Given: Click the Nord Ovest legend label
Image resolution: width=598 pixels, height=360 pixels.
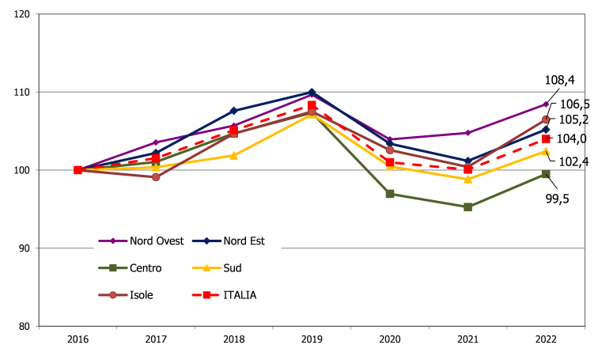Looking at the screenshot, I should [157, 241].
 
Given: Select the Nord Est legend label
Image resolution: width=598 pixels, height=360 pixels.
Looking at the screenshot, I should [244, 241].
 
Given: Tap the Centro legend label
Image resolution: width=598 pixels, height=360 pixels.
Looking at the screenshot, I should [146, 268].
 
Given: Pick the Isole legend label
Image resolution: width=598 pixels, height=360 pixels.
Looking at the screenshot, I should [142, 295].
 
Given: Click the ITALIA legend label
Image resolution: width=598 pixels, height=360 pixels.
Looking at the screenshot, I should [240, 295].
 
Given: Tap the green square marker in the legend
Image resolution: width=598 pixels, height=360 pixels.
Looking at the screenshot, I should [113, 268].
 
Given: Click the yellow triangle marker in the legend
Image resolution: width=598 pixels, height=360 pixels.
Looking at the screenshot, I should [207, 268].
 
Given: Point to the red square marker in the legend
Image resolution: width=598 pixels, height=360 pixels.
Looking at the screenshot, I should [207, 295].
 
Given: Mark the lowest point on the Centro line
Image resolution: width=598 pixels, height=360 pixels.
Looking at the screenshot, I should [467, 207].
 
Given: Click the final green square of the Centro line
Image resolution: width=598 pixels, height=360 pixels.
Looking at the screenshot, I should [546, 174].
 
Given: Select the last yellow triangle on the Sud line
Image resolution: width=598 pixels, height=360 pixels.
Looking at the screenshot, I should [546, 151].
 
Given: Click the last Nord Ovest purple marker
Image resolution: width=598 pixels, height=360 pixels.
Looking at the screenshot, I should [546, 104].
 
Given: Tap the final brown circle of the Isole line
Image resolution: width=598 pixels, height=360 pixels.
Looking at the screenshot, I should [546, 119].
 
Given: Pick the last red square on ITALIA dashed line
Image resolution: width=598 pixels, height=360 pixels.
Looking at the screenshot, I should [546, 139].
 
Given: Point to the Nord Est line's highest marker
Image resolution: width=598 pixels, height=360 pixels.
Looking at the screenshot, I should [312, 92].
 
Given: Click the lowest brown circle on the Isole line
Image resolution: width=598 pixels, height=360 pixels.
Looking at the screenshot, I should [156, 177].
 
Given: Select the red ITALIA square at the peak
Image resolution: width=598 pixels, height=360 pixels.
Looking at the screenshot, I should [312, 104].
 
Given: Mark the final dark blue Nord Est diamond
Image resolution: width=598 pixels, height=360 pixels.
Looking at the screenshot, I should [546, 129].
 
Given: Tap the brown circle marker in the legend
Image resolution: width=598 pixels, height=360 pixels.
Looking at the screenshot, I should [113, 295].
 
